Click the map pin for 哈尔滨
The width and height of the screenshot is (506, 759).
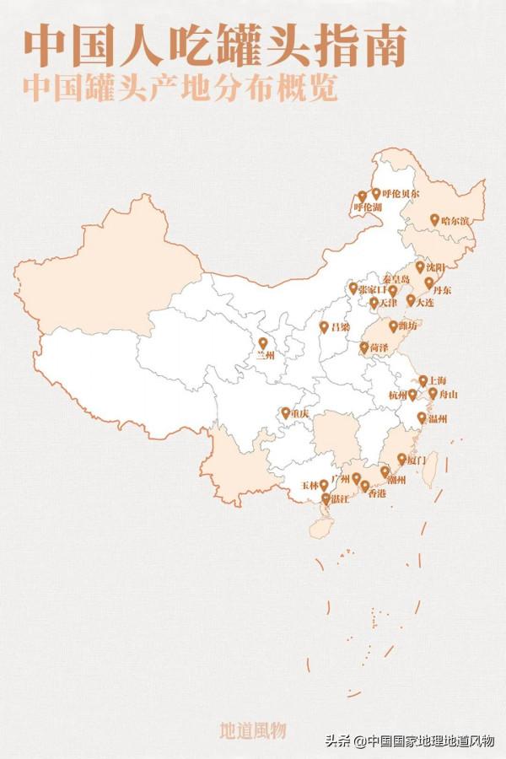435,219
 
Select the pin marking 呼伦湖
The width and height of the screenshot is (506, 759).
362,196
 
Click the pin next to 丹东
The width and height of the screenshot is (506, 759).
429,283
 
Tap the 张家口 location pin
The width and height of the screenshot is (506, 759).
353,288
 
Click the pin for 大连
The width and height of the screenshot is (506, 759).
411,299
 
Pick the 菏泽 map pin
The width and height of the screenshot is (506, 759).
364,347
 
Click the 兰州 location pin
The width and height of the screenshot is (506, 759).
263,343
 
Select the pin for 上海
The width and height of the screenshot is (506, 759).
423,380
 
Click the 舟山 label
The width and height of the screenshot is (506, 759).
449,394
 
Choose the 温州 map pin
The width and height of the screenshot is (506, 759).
422,417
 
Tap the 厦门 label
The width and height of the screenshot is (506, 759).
417,460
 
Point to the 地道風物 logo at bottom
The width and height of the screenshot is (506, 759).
253,729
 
